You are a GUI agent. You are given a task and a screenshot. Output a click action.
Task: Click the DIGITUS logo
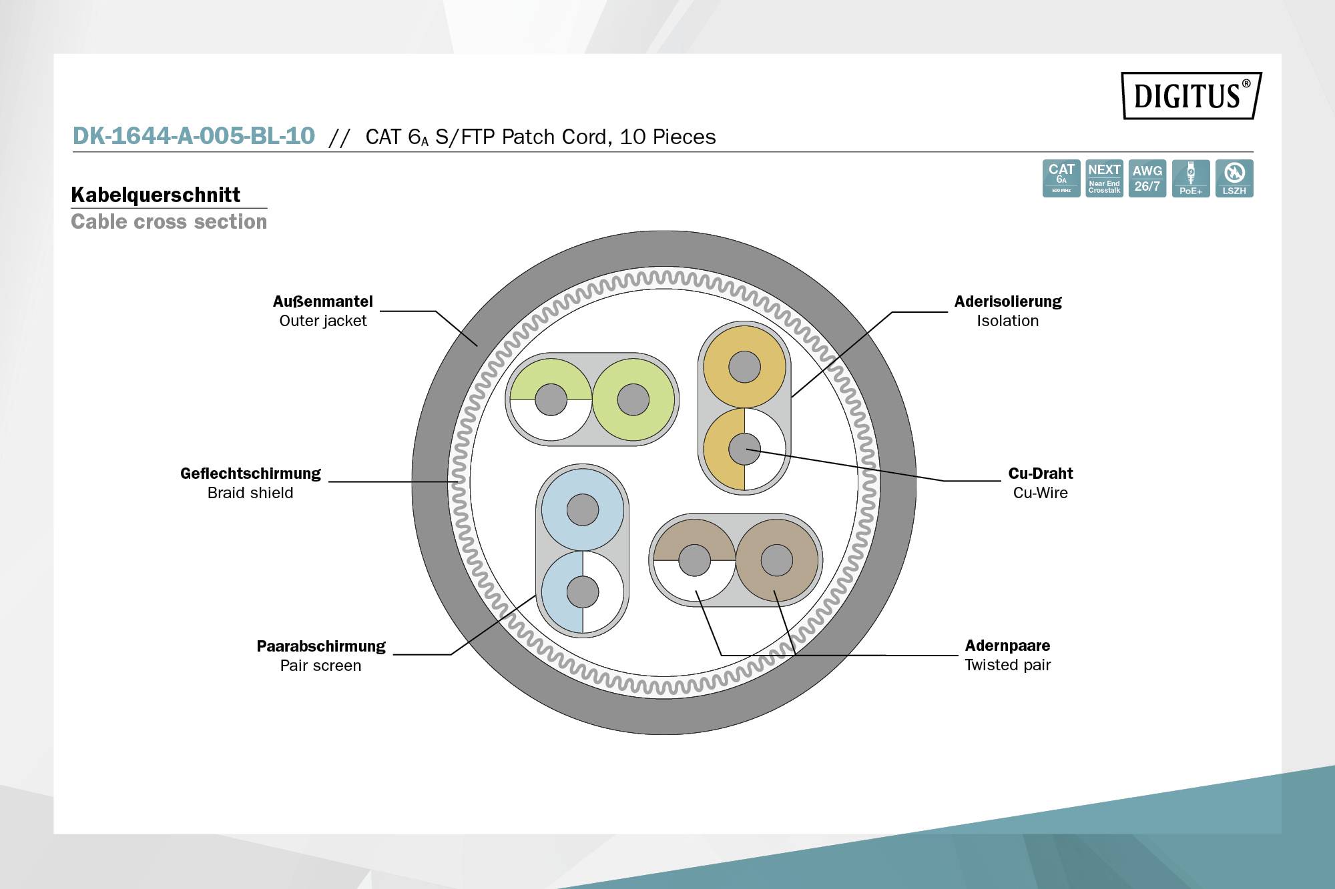click(x=1191, y=95)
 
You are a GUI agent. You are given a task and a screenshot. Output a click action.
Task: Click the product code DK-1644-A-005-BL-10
click(x=194, y=136)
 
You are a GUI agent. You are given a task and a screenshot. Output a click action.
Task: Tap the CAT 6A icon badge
click(x=1061, y=178)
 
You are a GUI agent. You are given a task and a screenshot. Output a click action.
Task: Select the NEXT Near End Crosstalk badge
click(x=1104, y=178)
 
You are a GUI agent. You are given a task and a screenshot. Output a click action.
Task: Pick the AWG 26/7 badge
click(x=1147, y=178)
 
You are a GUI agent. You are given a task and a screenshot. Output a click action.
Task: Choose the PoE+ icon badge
click(x=1190, y=178)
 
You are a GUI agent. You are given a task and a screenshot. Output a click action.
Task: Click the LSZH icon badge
click(x=1234, y=178)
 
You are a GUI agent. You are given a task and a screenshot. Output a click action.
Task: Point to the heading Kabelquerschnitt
click(x=156, y=195)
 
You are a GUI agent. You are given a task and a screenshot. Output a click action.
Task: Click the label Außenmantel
click(x=322, y=301)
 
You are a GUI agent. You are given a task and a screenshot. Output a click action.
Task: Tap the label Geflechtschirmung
click(x=250, y=474)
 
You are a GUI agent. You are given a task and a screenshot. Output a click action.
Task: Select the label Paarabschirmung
click(x=321, y=646)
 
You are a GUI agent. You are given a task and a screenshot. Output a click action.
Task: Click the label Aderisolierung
click(x=1007, y=301)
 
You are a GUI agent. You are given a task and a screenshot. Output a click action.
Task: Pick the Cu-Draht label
click(x=1040, y=474)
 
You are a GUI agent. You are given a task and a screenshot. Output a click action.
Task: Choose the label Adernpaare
click(x=1007, y=646)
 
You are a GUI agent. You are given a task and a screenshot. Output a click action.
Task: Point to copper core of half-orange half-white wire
click(x=744, y=449)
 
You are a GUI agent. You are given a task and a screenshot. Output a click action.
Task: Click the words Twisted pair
click(x=1007, y=665)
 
